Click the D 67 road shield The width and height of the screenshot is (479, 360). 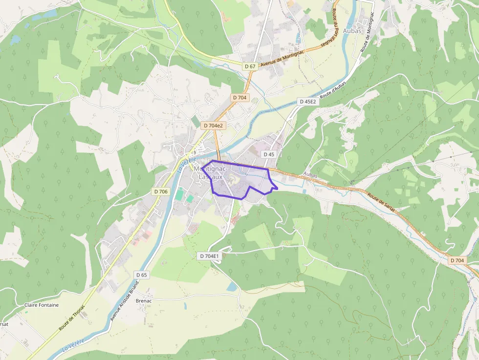coord(250,66)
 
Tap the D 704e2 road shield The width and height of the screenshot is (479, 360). coord(213,126)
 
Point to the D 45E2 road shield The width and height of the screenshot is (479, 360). coord(308,102)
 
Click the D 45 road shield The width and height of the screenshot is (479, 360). coord(269,154)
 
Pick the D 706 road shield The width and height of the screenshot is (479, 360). coord(160,191)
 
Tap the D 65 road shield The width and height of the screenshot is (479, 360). coord(141,275)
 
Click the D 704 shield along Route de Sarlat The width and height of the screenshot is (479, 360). coord(457,260)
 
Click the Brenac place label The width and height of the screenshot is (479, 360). coord(144,301)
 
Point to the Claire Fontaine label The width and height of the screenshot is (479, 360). coord(42,305)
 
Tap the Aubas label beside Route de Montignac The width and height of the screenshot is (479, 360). coord(352,31)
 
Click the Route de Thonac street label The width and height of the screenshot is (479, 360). coord(71,318)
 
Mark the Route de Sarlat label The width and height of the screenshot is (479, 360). coord(381,201)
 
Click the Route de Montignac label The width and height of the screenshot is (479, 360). coord(370,37)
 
